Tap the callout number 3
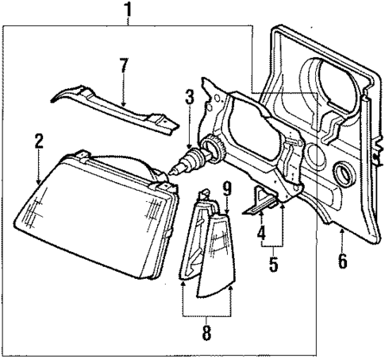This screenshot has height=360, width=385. [189, 98]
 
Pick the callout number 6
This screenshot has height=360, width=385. [342, 260]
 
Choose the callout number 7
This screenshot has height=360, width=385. [123, 66]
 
